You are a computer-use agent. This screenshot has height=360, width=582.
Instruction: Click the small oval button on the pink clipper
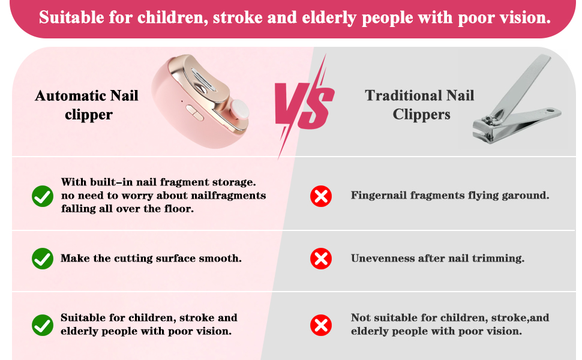point(194,112)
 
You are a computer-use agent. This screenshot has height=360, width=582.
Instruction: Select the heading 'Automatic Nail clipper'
point(87,105)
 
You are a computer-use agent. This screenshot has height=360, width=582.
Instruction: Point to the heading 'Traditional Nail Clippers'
point(420,104)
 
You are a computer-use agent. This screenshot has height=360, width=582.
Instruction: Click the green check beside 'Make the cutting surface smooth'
point(43,259)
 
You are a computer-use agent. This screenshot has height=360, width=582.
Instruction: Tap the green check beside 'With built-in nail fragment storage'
point(43,196)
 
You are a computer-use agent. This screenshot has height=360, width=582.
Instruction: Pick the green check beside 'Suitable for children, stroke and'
point(43,325)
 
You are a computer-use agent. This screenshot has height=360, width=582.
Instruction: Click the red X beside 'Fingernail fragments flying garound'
point(321,196)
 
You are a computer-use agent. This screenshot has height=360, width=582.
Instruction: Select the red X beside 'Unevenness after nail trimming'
point(321,259)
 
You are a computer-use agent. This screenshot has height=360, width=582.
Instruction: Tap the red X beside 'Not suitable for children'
point(321,325)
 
